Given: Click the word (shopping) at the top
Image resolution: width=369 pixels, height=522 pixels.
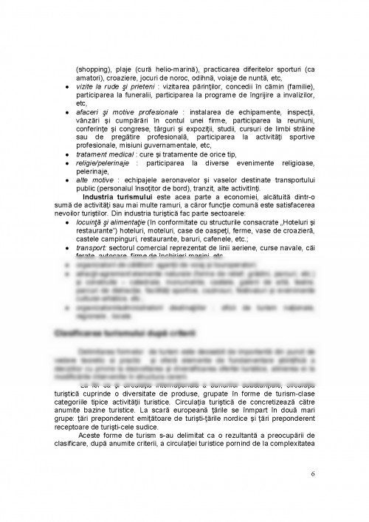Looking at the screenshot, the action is (x=92, y=69).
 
